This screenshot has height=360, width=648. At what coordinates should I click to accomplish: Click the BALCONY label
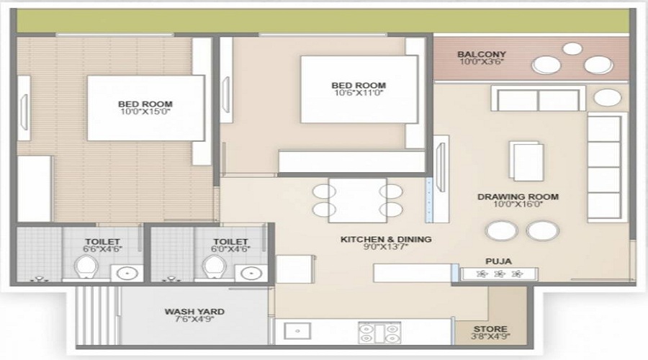pyautogui.click(x=482, y=54)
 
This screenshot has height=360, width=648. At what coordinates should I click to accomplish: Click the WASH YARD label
pyautogui.click(x=194, y=312)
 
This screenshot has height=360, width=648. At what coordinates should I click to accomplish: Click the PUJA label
pyautogui.click(x=494, y=261)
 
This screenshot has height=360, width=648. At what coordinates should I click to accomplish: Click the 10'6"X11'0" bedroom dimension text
pyautogui.click(x=359, y=92)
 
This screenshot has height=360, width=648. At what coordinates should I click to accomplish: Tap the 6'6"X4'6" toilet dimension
pyautogui.click(x=101, y=251)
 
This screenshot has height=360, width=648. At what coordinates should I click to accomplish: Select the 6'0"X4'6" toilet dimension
pyautogui.click(x=230, y=251)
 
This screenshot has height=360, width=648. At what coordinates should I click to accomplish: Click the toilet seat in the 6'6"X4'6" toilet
pyautogui.click(x=86, y=268)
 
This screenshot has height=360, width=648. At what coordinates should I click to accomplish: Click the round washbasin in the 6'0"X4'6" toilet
pyautogui.click(x=250, y=273)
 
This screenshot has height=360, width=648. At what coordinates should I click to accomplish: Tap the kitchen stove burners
pyautogui.click(x=379, y=332)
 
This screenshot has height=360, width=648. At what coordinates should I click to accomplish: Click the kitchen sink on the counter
pyautogui.click(x=297, y=332)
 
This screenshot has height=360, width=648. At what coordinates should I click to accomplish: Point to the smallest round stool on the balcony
pyautogui.click(x=572, y=49)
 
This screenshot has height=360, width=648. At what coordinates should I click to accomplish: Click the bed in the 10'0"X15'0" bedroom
pyautogui.click(x=145, y=108)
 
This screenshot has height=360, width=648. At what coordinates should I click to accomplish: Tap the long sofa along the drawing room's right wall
pyautogui.click(x=604, y=166)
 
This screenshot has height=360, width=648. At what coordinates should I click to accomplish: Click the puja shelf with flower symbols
pyautogui.click(x=499, y=274)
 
